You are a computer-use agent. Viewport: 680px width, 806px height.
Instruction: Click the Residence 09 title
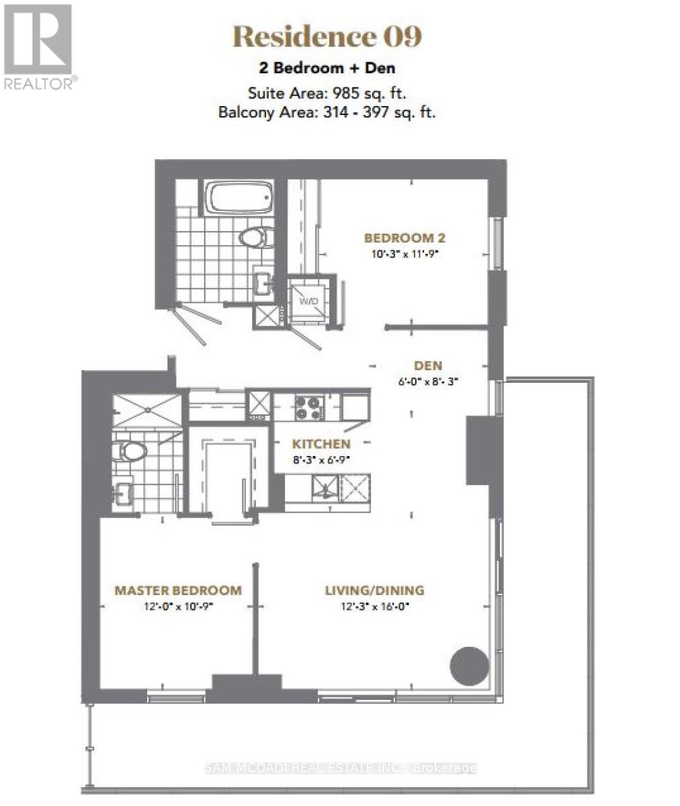coord(327,37)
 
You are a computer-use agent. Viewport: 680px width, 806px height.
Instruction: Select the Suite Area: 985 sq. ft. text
coord(327,93)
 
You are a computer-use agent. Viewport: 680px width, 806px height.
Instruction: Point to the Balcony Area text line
coord(327,112)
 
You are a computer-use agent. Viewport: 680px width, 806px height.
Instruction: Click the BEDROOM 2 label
coord(405,238)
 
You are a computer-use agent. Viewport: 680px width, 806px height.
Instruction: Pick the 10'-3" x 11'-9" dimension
coord(405,254)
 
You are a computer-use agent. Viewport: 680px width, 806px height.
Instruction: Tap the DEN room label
coord(427,365)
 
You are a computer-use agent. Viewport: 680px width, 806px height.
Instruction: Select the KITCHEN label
coord(321,444)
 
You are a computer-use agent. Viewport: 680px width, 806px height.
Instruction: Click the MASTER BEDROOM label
coord(178,590)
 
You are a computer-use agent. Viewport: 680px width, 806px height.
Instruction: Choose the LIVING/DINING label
coord(374,590)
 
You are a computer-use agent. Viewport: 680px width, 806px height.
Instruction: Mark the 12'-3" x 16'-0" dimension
coord(374,606)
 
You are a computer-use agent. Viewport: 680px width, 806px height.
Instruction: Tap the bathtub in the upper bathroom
coord(239,197)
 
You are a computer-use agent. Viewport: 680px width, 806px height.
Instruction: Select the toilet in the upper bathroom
coord(255,236)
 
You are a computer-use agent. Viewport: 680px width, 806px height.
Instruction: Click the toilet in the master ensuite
coord(131,451)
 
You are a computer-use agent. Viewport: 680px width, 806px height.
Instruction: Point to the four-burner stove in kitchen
coord(309,407)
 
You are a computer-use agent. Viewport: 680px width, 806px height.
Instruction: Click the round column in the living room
coord(468,666)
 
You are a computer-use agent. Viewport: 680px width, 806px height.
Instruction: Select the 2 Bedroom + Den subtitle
coord(327,68)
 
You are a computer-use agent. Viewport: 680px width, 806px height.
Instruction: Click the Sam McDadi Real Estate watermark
coord(340,768)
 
